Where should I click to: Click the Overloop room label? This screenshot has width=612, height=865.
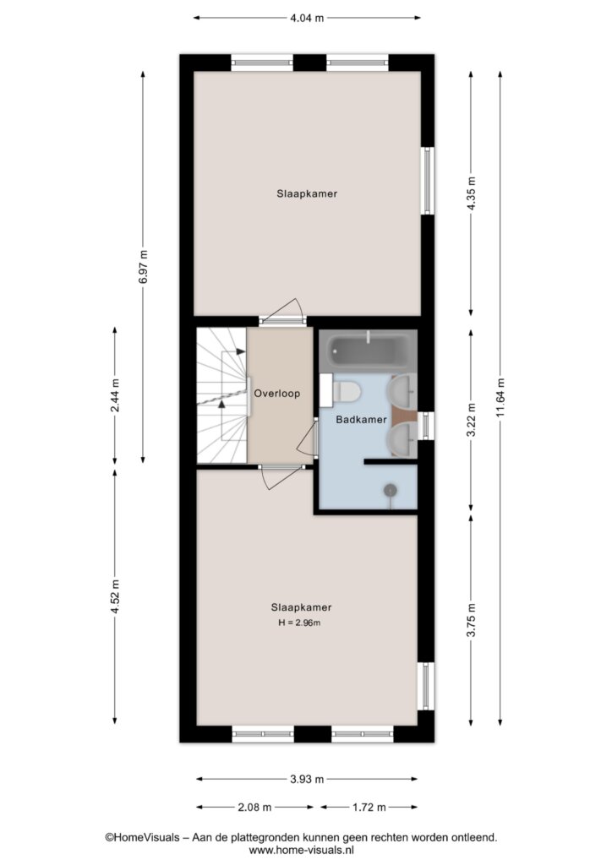277,394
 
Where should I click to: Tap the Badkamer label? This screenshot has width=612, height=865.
362,420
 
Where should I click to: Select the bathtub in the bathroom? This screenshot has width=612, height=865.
368,349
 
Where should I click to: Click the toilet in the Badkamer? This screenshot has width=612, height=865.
346,391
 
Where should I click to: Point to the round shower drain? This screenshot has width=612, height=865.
391,489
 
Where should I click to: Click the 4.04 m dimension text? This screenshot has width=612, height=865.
307,18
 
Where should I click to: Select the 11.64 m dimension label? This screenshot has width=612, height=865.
500,398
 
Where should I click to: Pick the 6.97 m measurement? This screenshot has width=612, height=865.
144,267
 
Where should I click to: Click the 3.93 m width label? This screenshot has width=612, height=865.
307,780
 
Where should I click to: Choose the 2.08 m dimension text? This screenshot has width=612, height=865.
254,808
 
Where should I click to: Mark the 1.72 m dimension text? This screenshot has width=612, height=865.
369,808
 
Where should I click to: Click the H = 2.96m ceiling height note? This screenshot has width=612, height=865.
299,623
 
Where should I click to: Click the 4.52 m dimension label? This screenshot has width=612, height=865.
115,596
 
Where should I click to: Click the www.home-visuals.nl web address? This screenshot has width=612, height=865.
301,851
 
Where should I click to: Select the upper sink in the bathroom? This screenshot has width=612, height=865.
402,390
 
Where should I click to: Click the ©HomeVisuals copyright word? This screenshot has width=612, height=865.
142,837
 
